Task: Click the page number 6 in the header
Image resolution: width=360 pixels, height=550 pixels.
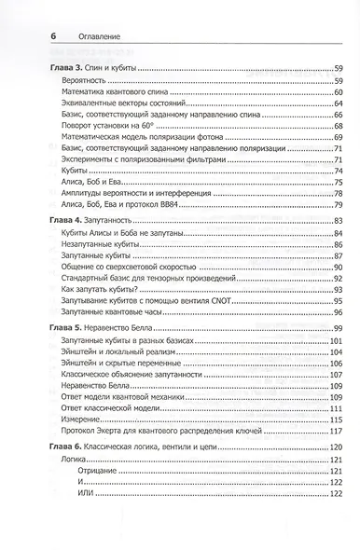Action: (x=29, y=34)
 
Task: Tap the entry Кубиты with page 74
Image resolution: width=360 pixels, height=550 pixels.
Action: (x=63, y=172)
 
